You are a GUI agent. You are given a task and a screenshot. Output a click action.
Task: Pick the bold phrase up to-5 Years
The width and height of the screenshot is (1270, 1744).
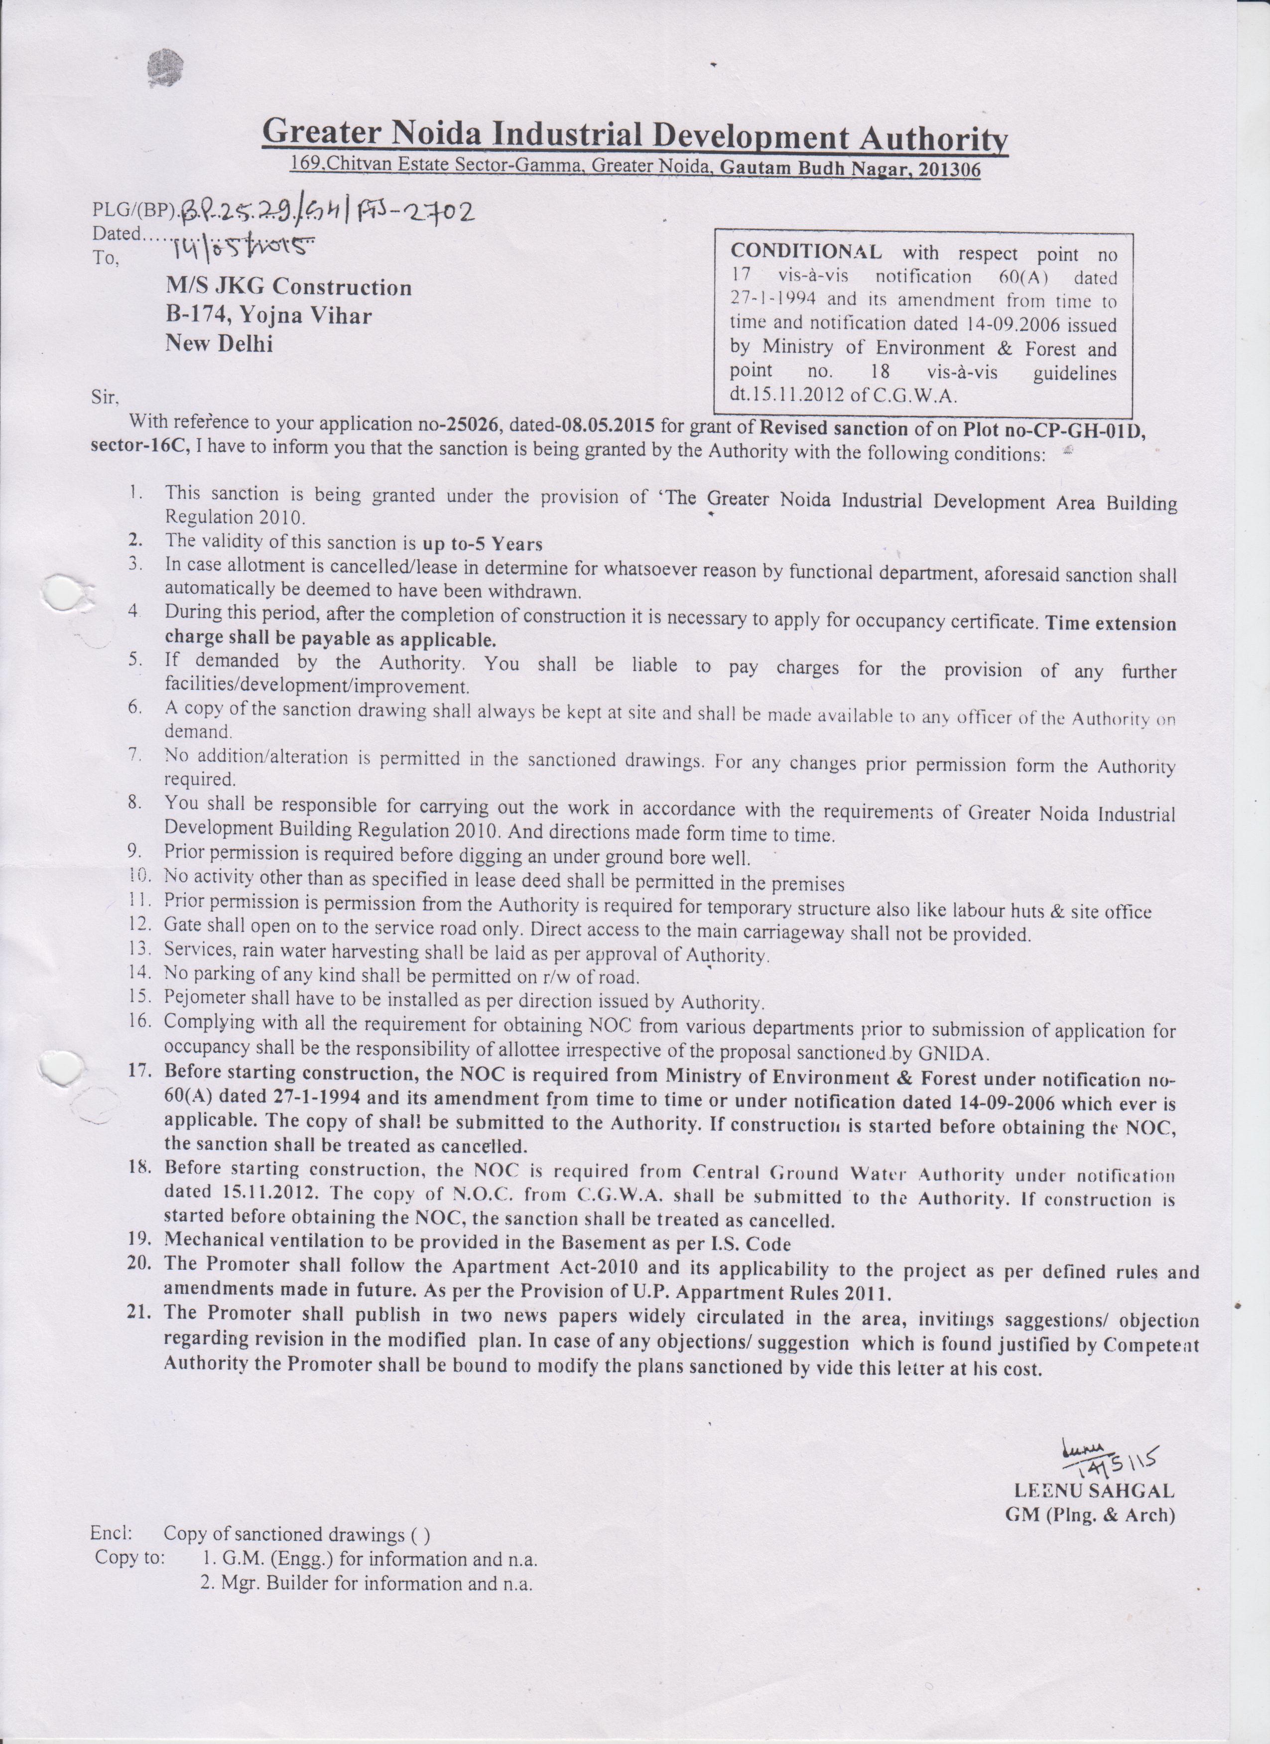click(483, 543)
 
